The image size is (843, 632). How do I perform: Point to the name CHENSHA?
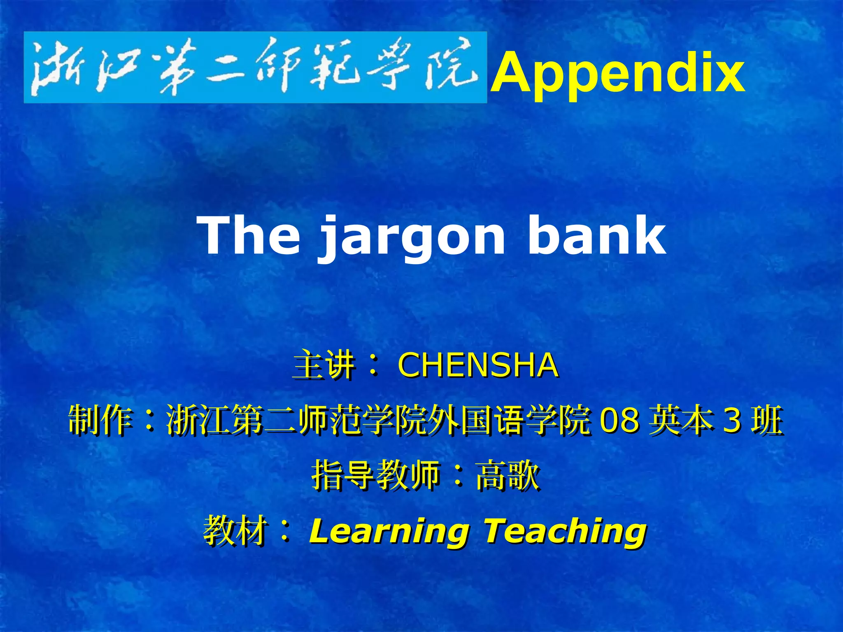[478, 365]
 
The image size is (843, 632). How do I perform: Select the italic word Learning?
[389, 531]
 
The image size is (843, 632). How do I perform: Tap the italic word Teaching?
[565, 531]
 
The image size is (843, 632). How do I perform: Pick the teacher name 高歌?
[507, 476]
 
